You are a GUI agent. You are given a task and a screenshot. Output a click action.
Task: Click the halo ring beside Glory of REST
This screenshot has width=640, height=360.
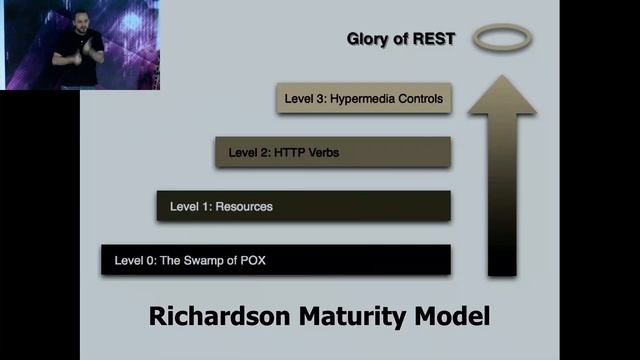(x=502, y=39)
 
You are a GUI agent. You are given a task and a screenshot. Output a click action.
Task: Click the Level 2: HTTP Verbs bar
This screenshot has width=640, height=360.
(x=333, y=152)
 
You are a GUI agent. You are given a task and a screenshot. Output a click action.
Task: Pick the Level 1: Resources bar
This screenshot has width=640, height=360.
(x=304, y=206)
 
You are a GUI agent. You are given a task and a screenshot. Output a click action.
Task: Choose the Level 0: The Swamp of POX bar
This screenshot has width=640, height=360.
(x=276, y=260)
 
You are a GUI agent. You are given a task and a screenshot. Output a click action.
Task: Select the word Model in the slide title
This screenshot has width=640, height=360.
(x=451, y=318)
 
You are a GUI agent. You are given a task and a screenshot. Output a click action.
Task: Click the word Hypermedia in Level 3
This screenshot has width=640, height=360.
(x=367, y=99)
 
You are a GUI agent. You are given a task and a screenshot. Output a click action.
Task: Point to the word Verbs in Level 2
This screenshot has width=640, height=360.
(x=331, y=153)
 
